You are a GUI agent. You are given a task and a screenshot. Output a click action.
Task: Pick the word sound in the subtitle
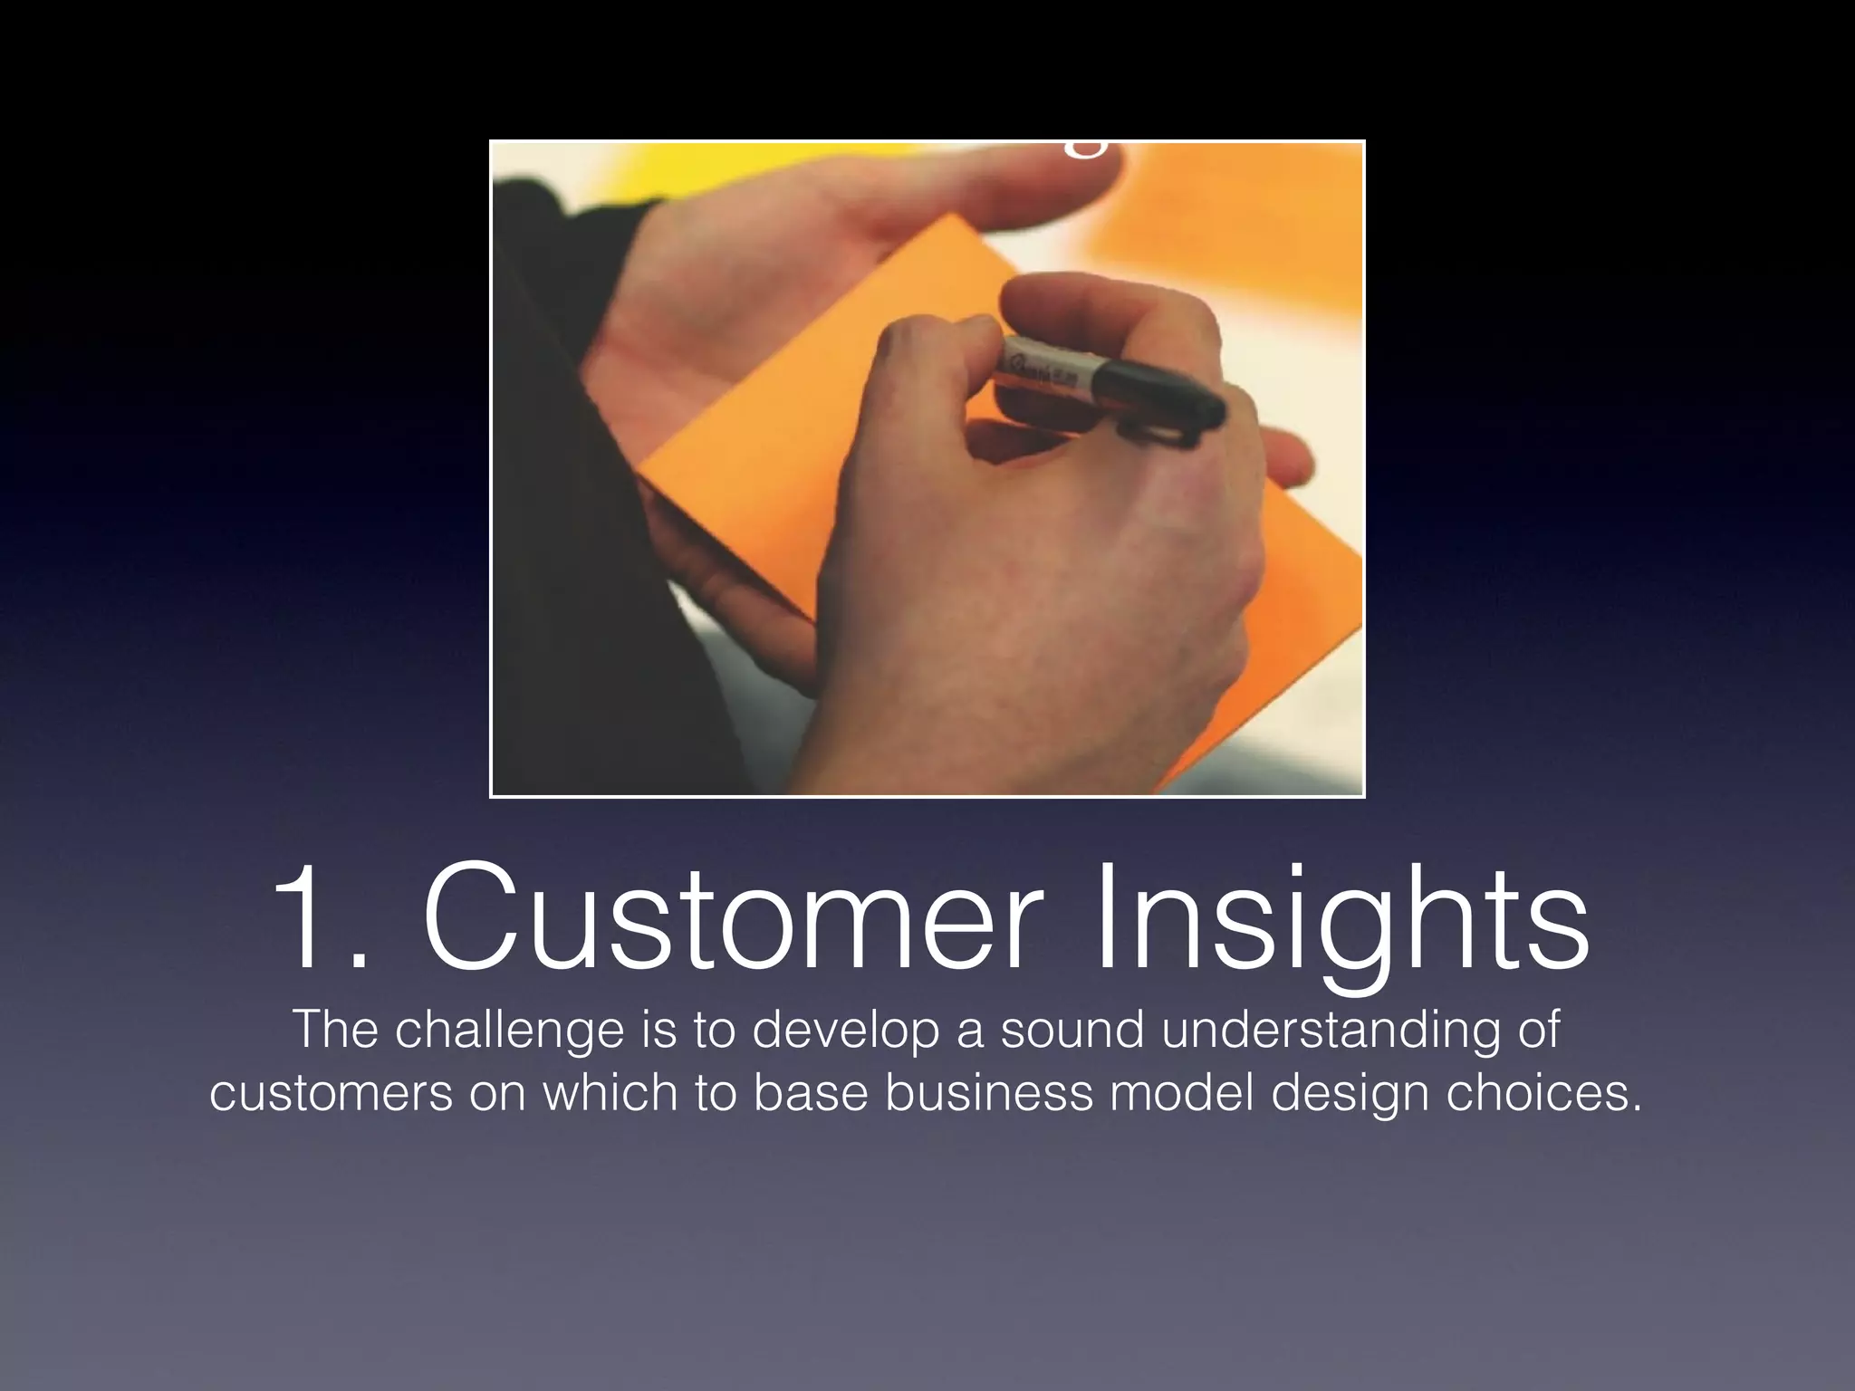coord(1072,1031)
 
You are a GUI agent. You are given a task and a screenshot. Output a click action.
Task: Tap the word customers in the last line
coord(331,1093)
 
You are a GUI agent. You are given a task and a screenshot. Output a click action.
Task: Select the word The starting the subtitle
coord(334,1031)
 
